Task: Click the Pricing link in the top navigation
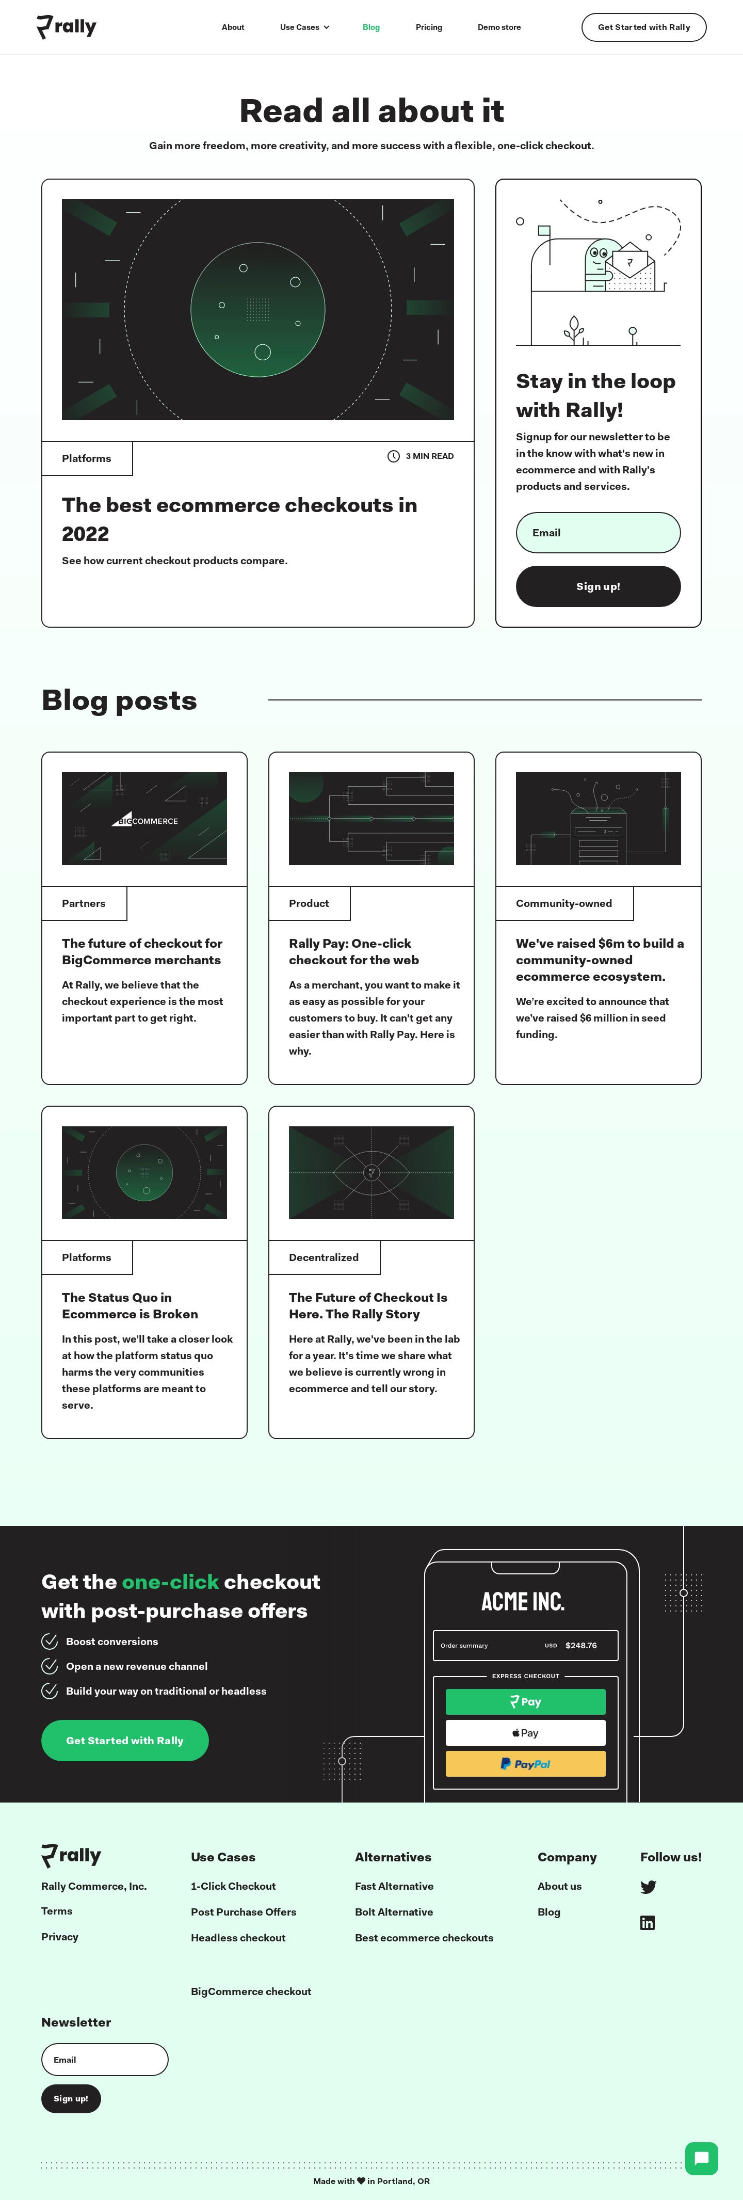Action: point(429,27)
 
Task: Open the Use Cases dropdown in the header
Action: point(304,27)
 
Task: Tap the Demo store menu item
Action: point(499,27)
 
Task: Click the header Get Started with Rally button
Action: point(644,27)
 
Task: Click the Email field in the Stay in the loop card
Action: point(598,533)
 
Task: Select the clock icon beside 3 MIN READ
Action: point(394,456)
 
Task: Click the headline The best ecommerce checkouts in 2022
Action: point(239,519)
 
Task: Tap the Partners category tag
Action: point(84,903)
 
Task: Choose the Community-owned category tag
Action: point(563,903)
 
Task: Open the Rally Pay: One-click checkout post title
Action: point(353,951)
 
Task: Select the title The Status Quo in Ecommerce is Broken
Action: point(130,1306)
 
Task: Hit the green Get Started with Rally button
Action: point(125,1741)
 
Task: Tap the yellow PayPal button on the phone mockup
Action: point(525,1764)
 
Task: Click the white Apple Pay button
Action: point(525,1733)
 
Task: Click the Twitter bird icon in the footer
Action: point(648,1887)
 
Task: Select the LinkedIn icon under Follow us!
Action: point(648,1922)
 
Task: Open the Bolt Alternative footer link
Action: point(394,1912)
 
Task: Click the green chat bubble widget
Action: point(701,2158)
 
